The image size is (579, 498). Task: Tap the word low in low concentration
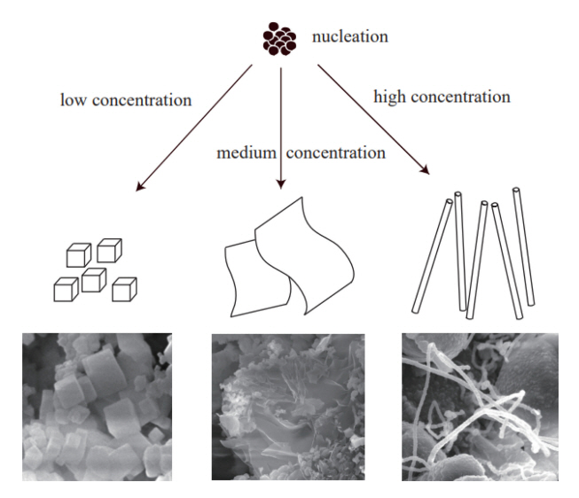[72, 99]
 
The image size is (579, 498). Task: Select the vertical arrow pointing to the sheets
[280, 124]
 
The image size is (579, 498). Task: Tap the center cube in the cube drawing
[93, 279]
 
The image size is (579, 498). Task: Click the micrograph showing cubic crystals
[97, 405]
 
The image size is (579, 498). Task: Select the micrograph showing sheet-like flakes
[287, 405]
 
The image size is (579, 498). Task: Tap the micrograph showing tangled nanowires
[477, 405]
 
